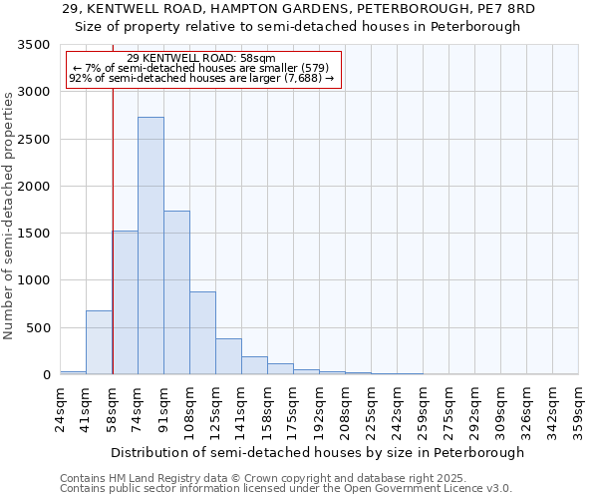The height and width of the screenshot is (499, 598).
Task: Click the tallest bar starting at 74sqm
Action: click(x=150, y=246)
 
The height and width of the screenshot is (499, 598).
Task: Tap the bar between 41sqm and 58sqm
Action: click(x=99, y=342)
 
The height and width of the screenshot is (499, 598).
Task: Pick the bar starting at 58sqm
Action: click(x=125, y=302)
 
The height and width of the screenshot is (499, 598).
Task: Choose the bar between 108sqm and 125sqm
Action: click(x=202, y=333)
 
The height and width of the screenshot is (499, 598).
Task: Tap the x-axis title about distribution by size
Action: click(x=317, y=453)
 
